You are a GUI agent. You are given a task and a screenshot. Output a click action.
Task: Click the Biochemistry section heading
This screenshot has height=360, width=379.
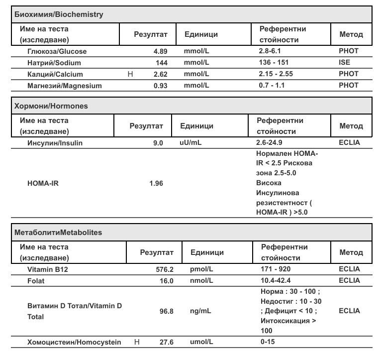coord(59,14)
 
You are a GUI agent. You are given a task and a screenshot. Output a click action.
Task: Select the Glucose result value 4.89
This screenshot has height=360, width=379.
coord(160,51)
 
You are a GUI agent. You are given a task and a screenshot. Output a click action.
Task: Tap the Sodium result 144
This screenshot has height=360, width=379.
coord(161,63)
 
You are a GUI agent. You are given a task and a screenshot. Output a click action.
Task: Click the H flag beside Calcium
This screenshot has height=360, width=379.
coord(131,74)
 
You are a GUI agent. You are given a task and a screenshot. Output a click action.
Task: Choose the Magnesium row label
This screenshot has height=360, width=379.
coord(64,86)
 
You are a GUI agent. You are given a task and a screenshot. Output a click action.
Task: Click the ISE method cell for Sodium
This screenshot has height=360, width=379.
coord(345,63)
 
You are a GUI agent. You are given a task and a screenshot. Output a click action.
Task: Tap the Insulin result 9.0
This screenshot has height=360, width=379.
coord(158,143)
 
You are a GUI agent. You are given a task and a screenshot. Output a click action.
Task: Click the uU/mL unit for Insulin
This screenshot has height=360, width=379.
coord(190,143)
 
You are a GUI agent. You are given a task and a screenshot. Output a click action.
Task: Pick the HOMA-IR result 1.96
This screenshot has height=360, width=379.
coord(156,183)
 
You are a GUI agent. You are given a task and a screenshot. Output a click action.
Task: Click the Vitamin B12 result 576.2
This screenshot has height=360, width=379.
coord(164,269)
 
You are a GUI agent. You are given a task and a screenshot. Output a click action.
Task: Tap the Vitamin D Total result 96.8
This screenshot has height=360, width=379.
coord(166,311)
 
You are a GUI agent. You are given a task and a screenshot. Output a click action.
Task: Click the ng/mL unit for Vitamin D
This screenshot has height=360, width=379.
coord(200,311)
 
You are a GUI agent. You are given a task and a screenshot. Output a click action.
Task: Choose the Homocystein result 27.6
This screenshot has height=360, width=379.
coord(166,342)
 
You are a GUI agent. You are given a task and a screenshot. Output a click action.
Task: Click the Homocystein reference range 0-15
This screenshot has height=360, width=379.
coord(268,342)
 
